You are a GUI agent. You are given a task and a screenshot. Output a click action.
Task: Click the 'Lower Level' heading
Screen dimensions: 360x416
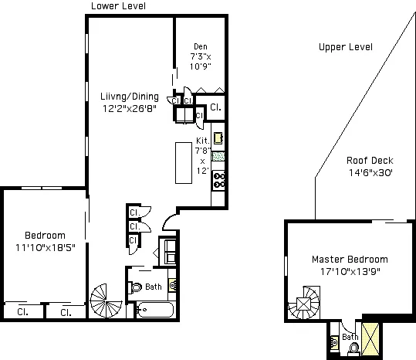click(118, 6)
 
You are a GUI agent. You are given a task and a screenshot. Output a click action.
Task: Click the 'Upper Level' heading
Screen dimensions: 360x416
click(345, 47)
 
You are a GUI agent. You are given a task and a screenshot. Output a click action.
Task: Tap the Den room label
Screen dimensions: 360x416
click(200, 46)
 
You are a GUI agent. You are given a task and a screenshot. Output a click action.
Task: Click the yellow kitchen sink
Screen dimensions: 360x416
click(218, 139)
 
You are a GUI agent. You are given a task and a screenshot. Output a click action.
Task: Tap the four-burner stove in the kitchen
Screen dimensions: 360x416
click(218, 180)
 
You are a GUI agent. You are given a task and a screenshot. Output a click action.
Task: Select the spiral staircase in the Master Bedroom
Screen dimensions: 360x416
click(305, 304)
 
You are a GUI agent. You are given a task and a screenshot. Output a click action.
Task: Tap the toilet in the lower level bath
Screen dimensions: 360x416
click(137, 287)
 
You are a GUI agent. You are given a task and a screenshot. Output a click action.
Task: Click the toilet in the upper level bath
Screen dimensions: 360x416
click(354, 347)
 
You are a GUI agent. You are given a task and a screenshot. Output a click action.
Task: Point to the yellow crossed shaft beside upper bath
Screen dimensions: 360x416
click(370, 340)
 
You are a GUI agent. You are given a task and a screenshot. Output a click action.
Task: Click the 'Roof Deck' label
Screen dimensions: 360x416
click(370, 161)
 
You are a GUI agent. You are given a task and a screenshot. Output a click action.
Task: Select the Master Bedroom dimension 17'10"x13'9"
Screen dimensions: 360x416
click(349, 271)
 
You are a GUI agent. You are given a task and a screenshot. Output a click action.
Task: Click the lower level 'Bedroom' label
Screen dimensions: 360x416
click(45, 236)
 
